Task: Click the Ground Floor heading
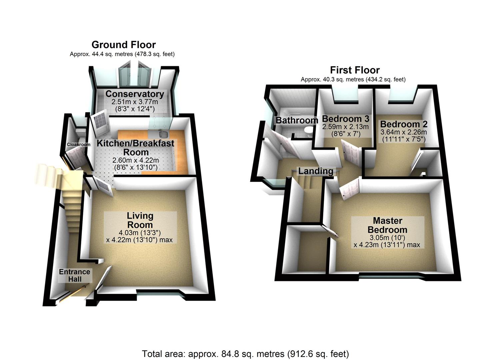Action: click(x=123, y=45)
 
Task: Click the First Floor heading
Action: click(x=355, y=70)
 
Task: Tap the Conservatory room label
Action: click(x=135, y=94)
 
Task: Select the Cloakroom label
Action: click(x=79, y=145)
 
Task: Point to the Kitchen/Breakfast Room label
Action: click(x=135, y=148)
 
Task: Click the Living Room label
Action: click(x=140, y=220)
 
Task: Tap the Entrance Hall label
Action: click(x=75, y=276)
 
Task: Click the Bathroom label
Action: click(x=297, y=120)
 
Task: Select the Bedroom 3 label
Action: click(x=346, y=119)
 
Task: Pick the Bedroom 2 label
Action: click(x=404, y=124)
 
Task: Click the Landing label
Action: click(x=316, y=171)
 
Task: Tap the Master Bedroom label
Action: click(x=387, y=225)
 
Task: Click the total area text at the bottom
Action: click(x=245, y=354)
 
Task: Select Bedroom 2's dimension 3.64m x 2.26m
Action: click(x=404, y=132)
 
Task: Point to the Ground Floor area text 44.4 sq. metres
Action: click(x=122, y=54)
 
